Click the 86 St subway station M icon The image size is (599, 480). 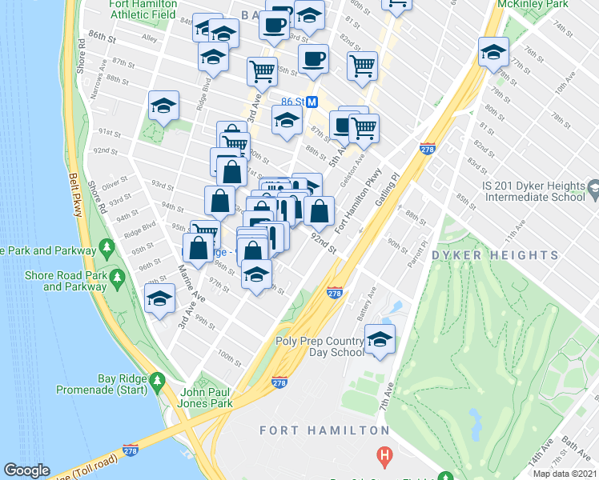(313, 102)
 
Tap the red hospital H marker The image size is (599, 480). (385, 456)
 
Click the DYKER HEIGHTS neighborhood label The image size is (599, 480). (495, 255)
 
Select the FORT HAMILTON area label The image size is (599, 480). (324, 430)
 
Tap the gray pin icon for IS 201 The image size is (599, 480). (593, 190)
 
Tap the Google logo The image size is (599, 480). (26, 470)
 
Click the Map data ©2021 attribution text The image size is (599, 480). (565, 474)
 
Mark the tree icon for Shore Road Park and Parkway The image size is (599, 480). (118, 278)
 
